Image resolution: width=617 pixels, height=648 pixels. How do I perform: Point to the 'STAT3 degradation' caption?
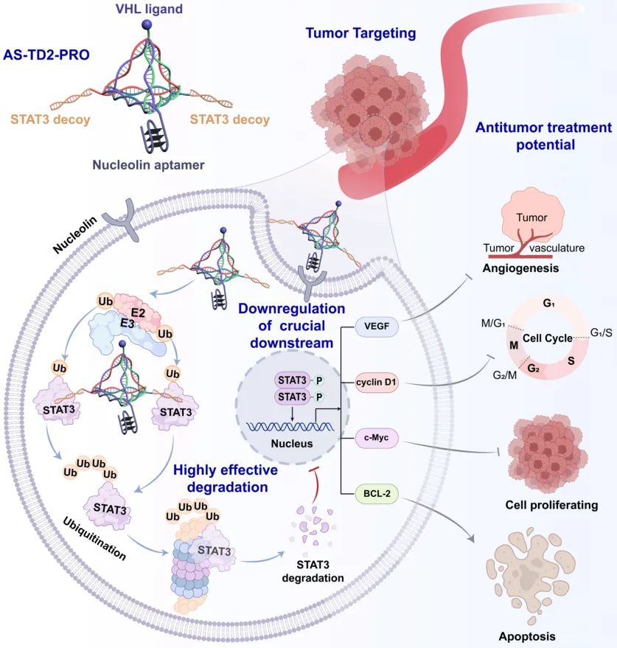[x=313, y=570]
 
